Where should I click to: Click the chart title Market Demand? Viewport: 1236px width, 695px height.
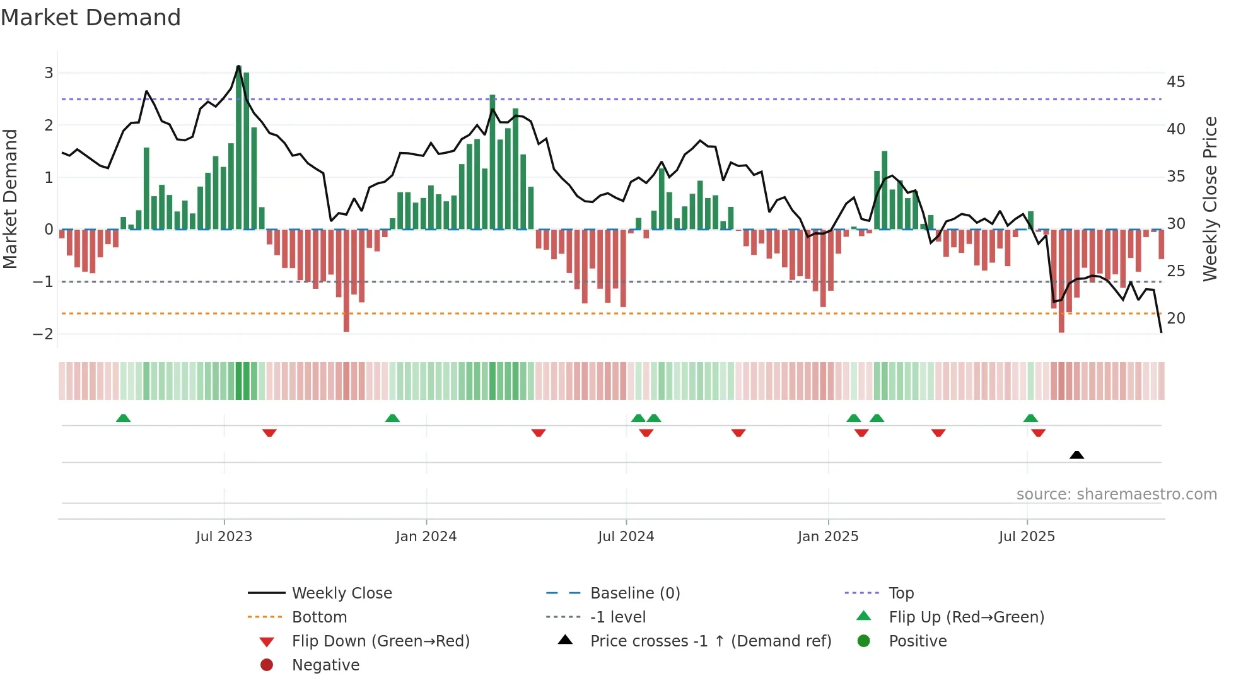coord(91,18)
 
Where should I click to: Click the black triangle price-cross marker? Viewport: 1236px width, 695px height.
coord(1076,455)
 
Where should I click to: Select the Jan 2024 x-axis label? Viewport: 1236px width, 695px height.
coord(426,537)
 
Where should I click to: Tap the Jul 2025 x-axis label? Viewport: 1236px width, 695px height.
coord(1027,537)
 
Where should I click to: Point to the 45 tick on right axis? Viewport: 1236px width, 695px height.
coord(1175,82)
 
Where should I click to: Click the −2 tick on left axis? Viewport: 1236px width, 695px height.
coord(44,334)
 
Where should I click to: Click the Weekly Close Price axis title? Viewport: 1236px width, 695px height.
coord(1210,199)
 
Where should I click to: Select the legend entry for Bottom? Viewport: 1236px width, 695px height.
coord(319,617)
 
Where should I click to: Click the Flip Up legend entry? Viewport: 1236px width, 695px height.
coord(966,617)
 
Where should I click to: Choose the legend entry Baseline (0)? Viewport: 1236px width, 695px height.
coord(634,593)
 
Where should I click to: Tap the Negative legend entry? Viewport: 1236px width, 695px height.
coord(325,665)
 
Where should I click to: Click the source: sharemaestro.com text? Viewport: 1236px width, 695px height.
coord(1116,494)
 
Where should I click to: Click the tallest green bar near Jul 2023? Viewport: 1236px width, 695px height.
coord(239,148)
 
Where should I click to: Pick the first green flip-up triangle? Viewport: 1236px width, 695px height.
coord(124,418)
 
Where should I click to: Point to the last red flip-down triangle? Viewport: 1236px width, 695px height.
coord(1039,433)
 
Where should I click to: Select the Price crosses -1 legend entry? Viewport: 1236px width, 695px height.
coord(710,641)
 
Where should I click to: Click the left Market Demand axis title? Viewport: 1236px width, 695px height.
coord(10,199)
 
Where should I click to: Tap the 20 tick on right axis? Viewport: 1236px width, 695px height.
coord(1175,318)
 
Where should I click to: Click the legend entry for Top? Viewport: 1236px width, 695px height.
coord(901,593)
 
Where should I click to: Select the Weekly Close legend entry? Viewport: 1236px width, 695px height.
coord(341,593)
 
